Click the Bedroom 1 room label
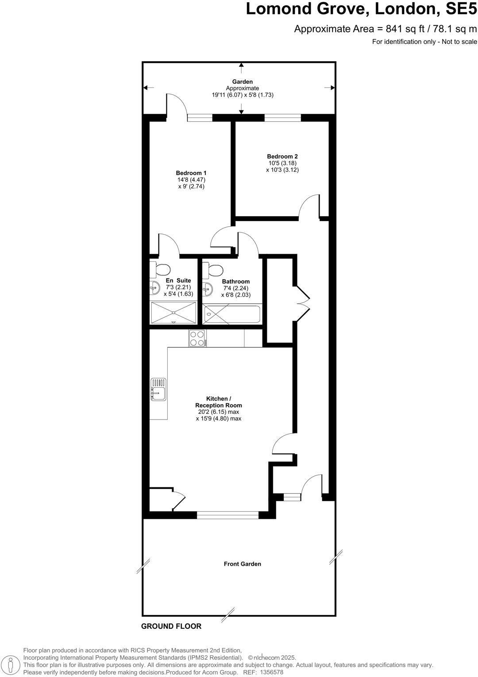(191, 173)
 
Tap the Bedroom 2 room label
(282, 156)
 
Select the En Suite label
(178, 280)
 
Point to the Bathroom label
(236, 281)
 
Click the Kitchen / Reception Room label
(219, 402)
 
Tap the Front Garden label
(242, 564)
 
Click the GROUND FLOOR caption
(171, 626)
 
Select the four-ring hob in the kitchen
(197, 338)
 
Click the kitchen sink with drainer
(158, 389)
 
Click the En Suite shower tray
(173, 312)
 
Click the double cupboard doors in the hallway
(303, 301)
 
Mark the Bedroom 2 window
(282, 117)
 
